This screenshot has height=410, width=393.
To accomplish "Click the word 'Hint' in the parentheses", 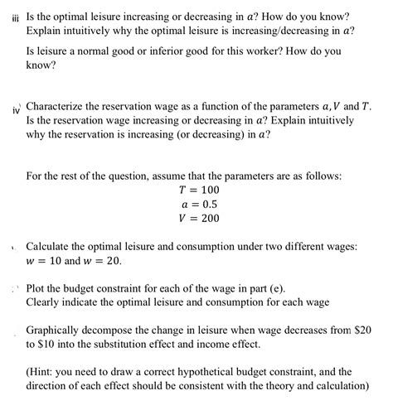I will pos(46,372).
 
